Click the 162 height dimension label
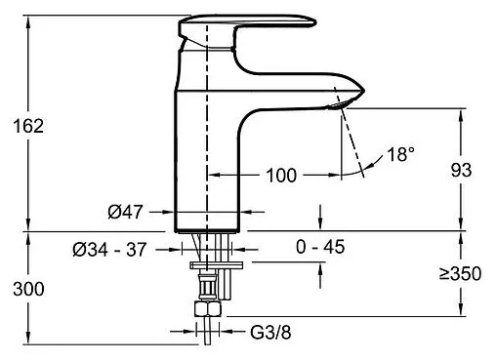coord(28,126)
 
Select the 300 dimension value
coord(28,289)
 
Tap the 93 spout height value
coord(461,171)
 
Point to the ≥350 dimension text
coord(460,273)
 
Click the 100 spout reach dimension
coord(281,176)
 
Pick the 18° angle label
coord(401,154)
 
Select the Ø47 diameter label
coord(125,212)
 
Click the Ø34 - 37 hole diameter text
coord(109,250)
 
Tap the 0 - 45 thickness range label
coord(320,247)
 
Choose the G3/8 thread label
coord(270,333)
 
